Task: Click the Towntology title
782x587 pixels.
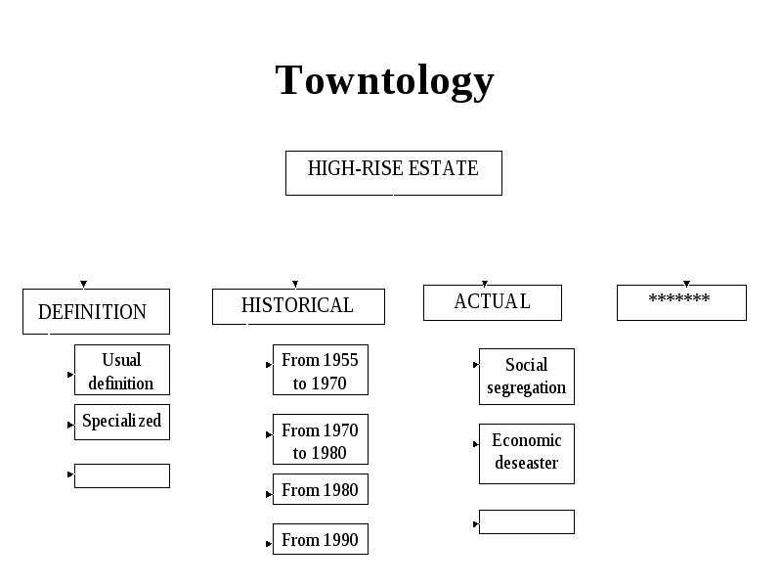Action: click(384, 80)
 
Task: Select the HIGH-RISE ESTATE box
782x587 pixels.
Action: click(394, 173)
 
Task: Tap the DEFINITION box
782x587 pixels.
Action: click(96, 311)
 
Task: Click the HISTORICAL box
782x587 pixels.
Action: click(298, 306)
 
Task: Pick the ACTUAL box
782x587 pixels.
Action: click(493, 302)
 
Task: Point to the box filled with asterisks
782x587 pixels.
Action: click(681, 302)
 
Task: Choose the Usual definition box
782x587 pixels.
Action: click(121, 370)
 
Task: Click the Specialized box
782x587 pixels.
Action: click(121, 422)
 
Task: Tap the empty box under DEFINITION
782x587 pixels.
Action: click(121, 475)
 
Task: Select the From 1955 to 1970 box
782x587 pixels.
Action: click(321, 370)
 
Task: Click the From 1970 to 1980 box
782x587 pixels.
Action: click(321, 439)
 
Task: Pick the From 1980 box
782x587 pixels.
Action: click(321, 489)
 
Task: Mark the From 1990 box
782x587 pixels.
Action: click(321, 539)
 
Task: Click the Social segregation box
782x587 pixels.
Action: click(527, 377)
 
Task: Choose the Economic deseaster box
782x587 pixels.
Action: click(527, 454)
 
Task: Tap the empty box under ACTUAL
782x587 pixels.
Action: click(527, 521)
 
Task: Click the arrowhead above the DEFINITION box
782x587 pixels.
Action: click(84, 284)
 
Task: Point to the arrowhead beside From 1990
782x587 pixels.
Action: click(269, 544)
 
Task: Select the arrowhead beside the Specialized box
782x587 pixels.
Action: click(70, 425)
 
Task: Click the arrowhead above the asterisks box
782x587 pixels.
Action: click(687, 284)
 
